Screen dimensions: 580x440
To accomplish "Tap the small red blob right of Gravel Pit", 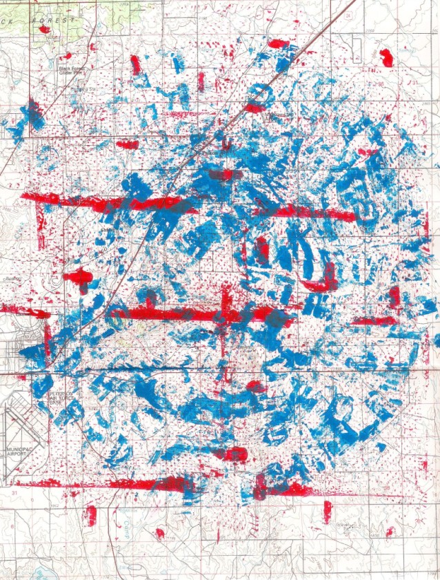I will (x=390, y=532).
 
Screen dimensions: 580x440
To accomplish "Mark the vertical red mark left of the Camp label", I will (x=90, y=514).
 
